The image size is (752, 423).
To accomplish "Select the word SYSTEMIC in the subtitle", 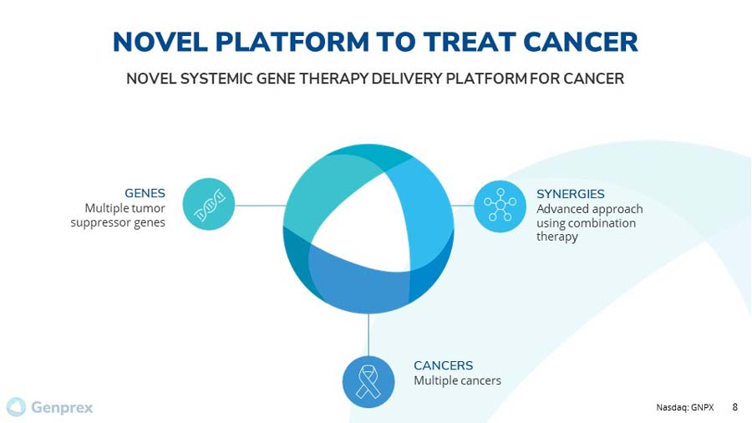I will (220, 79).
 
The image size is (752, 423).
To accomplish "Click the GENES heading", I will (145, 193).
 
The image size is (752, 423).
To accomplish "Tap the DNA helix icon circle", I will (208, 205).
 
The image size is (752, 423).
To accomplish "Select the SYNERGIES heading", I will (570, 194).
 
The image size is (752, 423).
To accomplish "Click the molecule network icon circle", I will (500, 206).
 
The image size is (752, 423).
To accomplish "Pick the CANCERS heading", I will (443, 365).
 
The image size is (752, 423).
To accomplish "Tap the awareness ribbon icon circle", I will (368, 382).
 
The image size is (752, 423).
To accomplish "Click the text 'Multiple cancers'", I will (457, 381).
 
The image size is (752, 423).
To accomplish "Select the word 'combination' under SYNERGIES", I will (600, 223).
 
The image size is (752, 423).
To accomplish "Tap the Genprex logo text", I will (62, 408).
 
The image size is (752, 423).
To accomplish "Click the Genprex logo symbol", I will (17, 407).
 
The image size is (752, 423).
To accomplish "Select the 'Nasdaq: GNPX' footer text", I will (684, 408).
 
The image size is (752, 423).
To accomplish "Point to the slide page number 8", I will (735, 407).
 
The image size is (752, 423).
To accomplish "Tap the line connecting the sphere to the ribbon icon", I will (368, 334).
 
